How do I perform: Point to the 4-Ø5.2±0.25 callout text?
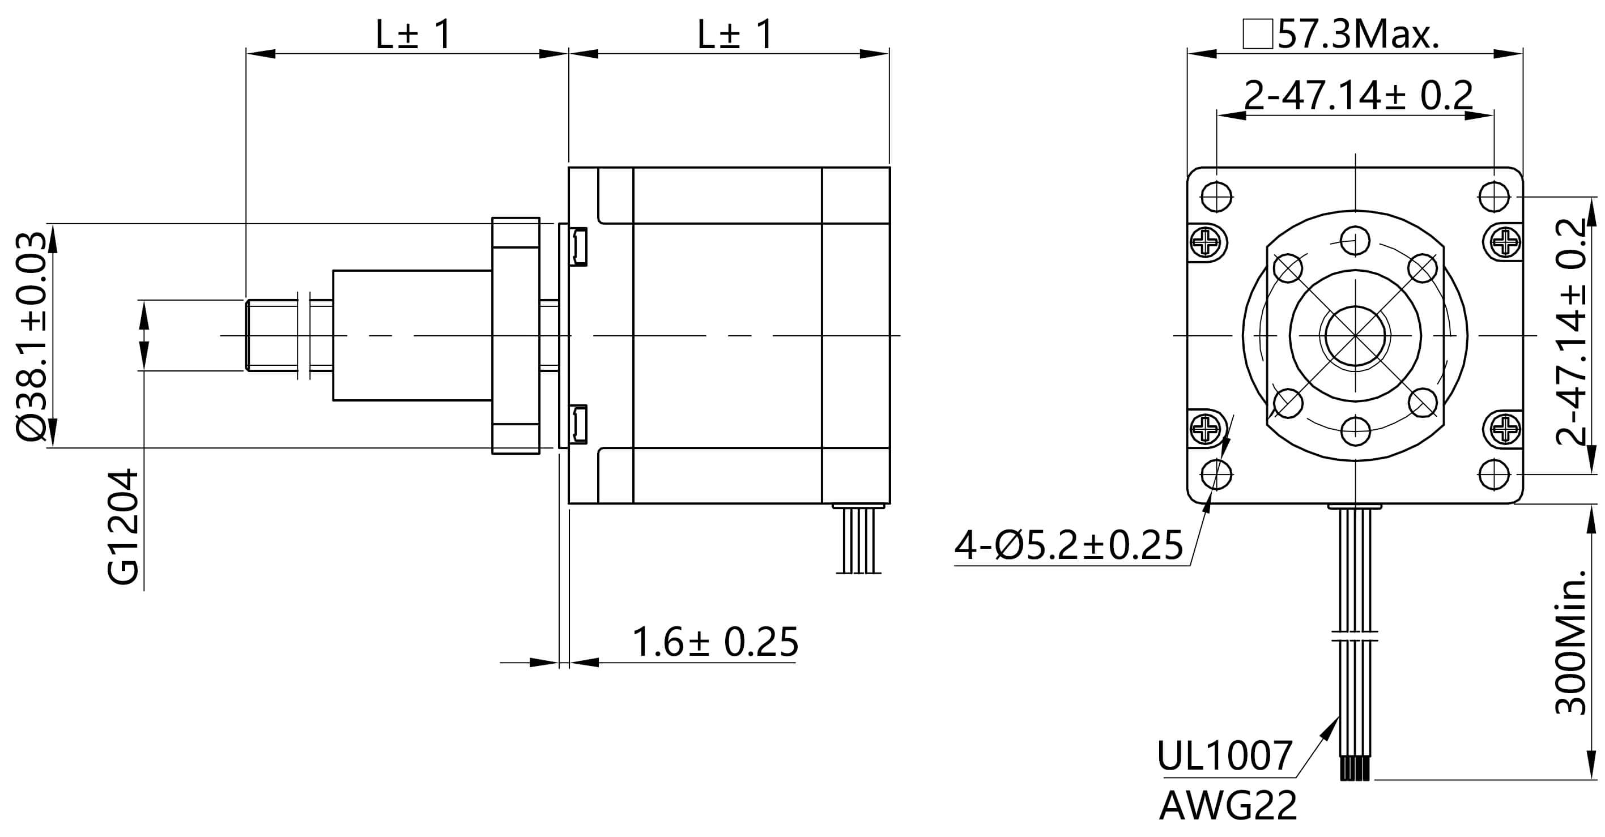pyautogui.click(x=1068, y=545)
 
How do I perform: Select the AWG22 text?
pyautogui.click(x=1228, y=806)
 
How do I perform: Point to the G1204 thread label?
pyautogui.click(x=123, y=527)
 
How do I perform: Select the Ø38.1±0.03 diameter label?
pyautogui.click(x=31, y=336)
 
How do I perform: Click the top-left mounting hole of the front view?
pyautogui.click(x=1216, y=197)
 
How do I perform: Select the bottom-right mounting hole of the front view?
pyautogui.click(x=1494, y=475)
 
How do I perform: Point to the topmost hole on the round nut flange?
pyautogui.click(x=1355, y=240)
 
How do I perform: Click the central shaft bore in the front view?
pyautogui.click(x=1355, y=336)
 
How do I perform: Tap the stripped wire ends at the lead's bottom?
pyautogui.click(x=1355, y=768)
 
